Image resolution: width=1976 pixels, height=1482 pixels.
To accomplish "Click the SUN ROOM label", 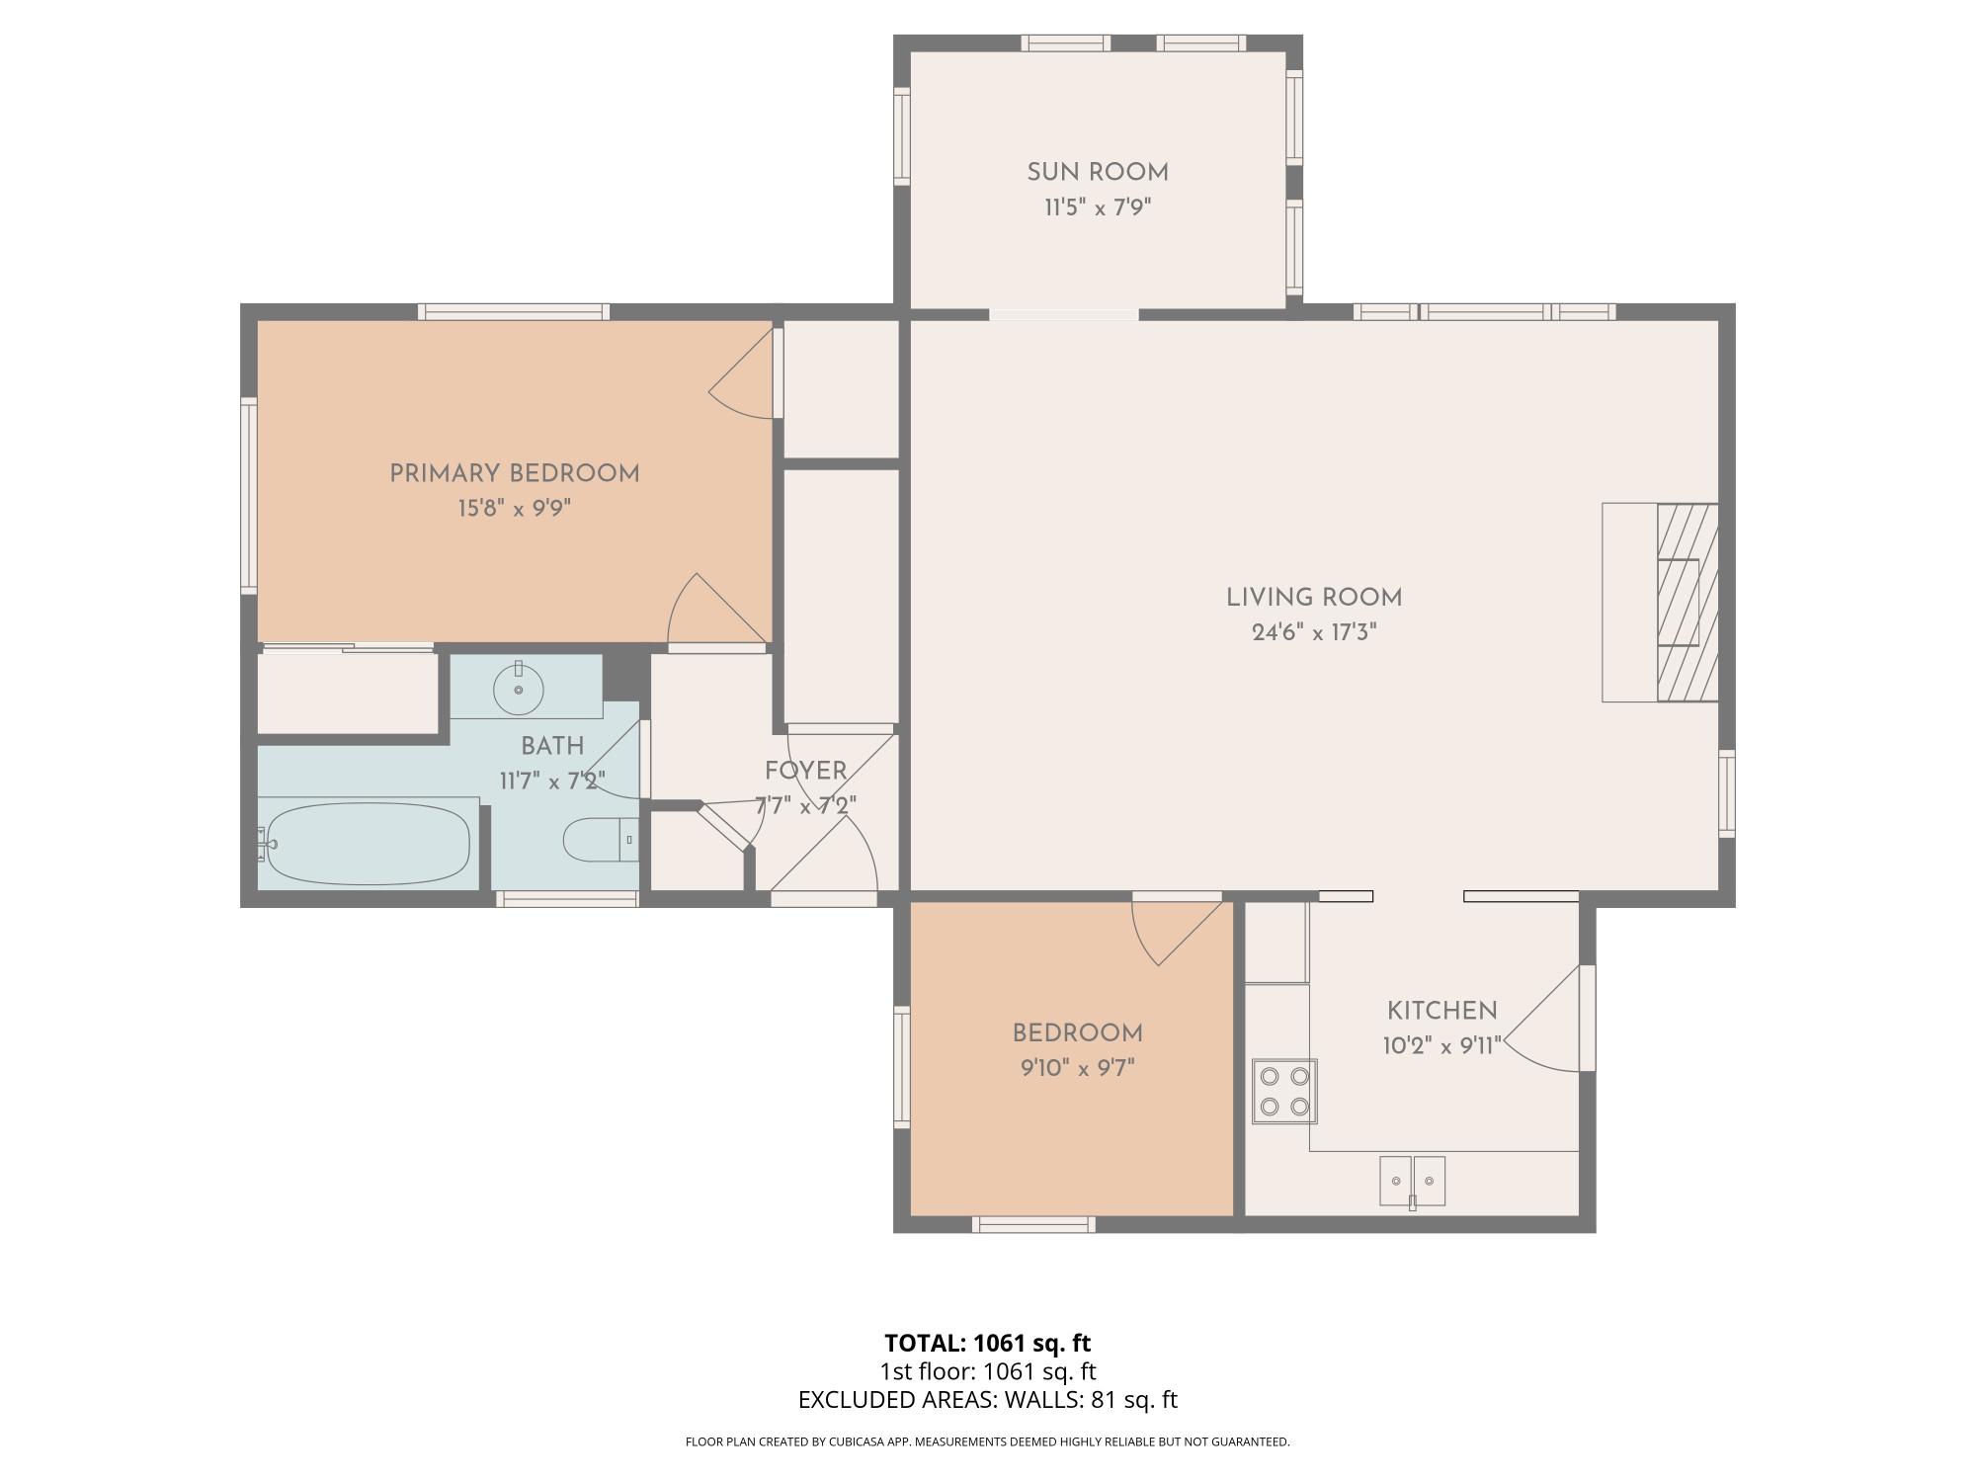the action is pos(1098,173).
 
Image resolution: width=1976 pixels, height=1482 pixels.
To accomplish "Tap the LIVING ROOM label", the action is pos(1314,598).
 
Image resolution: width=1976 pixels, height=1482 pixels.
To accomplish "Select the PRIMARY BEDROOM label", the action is pos(515,473).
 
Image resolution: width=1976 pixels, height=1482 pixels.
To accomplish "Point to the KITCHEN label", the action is pos(1441,1011).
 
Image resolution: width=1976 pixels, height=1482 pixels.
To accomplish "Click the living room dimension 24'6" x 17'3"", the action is pos(1314,632).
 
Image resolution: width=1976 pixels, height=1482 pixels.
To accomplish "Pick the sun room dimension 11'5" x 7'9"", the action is pos(1098,207).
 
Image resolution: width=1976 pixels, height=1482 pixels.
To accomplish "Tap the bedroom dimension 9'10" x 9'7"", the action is pos(1078,1068).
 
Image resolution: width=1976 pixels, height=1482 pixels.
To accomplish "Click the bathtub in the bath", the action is pos(367,844).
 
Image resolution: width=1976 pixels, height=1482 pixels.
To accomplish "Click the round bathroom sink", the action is pos(519,689).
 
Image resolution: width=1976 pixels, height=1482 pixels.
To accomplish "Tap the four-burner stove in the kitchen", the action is pos(1284,1091).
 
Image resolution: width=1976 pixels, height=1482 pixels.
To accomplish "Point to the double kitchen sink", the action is pos(1412,1181).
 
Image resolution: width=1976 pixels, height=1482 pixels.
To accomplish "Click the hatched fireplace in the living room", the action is pos(1688,603).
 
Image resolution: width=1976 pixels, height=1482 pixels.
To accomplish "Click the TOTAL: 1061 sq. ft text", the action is pos(987,1344).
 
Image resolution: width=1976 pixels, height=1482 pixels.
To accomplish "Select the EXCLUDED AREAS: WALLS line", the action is pos(988,1400).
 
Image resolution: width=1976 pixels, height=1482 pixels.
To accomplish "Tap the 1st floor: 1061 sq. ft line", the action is pos(988,1371).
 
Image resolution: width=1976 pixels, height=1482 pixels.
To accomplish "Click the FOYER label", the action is pos(805,771).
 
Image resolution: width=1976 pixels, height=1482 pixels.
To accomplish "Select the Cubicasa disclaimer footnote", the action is pos(988,1442).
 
